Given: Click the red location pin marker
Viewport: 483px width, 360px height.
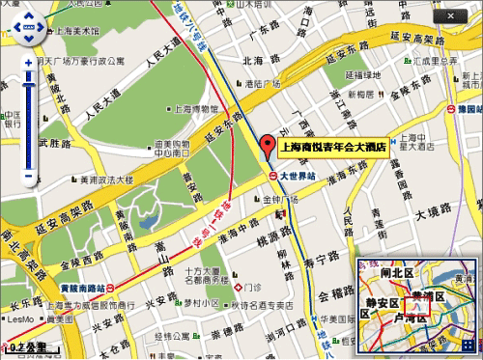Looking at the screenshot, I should click(x=269, y=148).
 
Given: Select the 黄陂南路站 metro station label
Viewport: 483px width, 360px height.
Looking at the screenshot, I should click(x=75, y=288).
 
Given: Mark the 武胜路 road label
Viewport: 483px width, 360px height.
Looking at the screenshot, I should click(x=55, y=144).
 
